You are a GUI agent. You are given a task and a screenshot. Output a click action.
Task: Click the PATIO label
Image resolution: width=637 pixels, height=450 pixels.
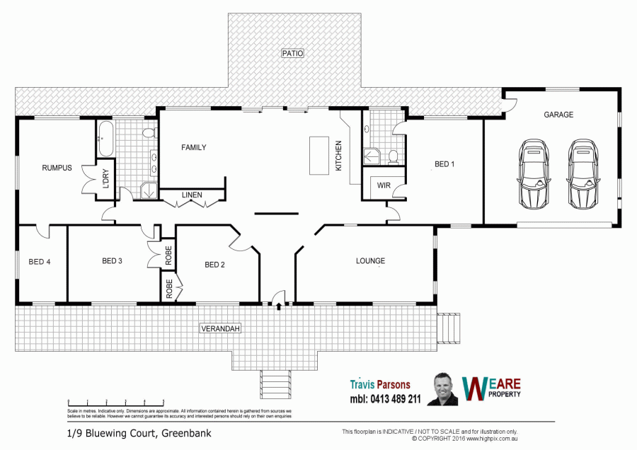[292, 53]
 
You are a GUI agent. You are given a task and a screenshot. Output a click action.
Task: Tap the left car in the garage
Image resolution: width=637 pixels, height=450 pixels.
[534, 173]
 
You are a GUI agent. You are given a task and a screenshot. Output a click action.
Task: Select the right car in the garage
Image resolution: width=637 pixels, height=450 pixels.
[583, 173]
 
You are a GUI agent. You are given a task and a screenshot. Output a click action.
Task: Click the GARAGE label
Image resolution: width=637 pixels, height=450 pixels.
[558, 115]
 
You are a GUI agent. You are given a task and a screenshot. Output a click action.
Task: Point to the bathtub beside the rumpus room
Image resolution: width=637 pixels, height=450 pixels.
[105, 139]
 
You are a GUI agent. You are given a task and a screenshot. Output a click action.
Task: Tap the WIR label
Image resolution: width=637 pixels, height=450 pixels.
[384, 185]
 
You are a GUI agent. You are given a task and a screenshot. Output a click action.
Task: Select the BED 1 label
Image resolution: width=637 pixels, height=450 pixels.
[444, 164]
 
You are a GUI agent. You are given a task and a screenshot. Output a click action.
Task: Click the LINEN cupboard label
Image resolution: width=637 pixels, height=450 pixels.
[191, 195]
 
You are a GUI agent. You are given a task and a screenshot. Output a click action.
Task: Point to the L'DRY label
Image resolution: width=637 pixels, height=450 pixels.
[106, 178]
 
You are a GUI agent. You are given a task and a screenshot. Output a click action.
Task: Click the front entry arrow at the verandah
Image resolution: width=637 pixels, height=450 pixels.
[279, 306]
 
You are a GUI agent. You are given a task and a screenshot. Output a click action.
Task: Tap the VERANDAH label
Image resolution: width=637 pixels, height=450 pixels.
[222, 329]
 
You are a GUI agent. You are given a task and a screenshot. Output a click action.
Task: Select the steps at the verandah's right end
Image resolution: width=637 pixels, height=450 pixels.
[448, 327]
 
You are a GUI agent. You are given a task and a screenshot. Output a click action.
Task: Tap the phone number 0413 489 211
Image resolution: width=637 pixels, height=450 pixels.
[385, 399]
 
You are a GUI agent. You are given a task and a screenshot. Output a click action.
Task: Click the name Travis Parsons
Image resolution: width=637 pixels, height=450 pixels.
[380, 385]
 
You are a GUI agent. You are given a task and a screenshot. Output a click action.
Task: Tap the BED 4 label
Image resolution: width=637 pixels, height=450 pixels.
[40, 262]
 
